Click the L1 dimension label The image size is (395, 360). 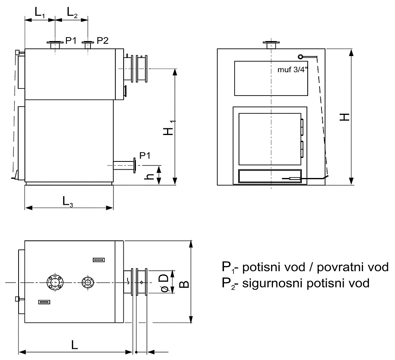39,12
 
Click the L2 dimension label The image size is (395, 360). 72,12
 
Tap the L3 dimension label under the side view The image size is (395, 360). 68,202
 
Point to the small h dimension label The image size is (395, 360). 149,176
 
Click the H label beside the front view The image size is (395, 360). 344,117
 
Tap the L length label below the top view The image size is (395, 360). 75,345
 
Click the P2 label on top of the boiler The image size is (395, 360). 103,40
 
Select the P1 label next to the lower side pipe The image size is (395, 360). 145,156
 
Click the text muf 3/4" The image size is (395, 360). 293,69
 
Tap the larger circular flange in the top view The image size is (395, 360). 55,283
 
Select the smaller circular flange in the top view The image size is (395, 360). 88,283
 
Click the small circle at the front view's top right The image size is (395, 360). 300,56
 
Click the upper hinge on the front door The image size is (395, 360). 301,127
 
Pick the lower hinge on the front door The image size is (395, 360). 301,149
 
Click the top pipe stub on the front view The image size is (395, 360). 271,45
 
